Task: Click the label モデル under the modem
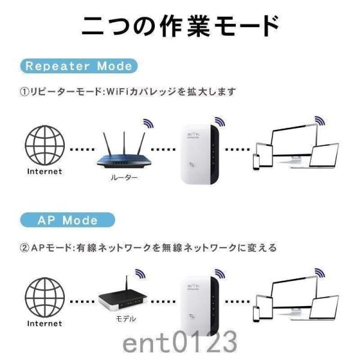[125, 319]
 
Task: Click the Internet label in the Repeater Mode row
[44, 171]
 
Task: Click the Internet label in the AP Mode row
[44, 323]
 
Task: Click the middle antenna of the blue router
[124, 142]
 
